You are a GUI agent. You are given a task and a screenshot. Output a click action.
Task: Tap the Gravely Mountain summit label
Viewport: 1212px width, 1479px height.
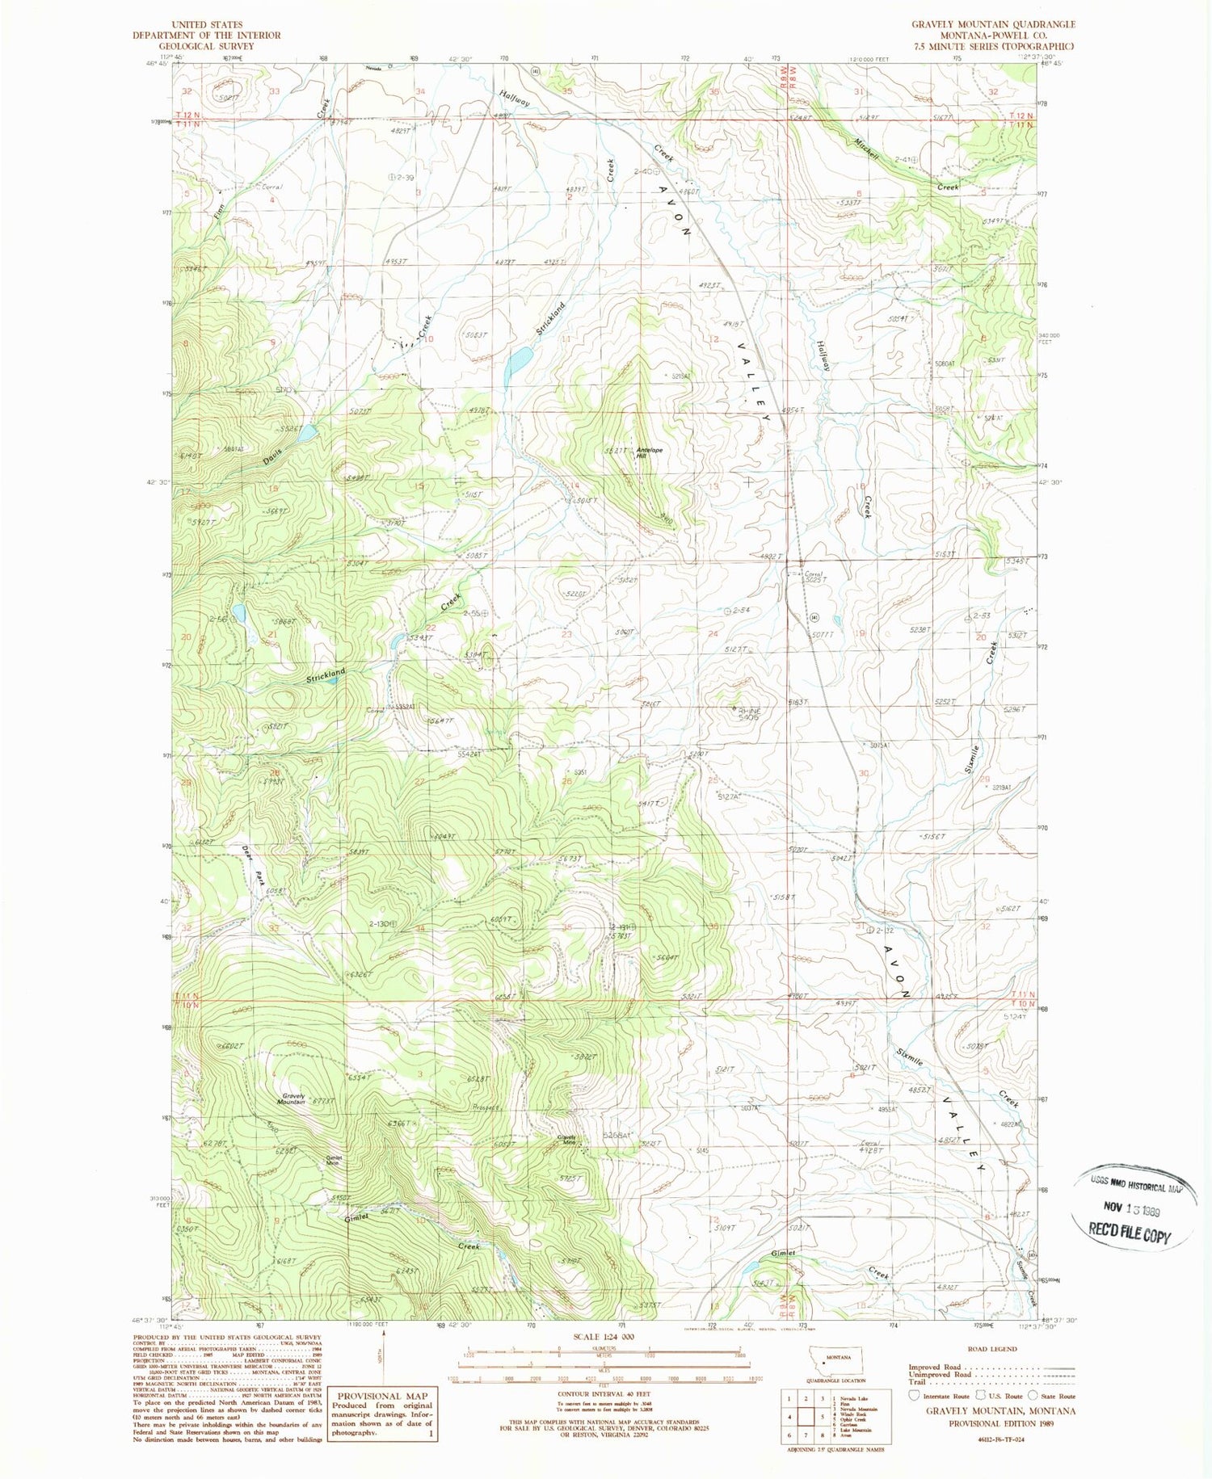pos(293,1099)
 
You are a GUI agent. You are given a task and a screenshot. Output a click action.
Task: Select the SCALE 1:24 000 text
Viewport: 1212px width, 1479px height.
pos(603,1337)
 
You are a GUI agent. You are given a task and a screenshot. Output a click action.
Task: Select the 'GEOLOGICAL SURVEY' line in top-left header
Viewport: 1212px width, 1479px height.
pos(207,46)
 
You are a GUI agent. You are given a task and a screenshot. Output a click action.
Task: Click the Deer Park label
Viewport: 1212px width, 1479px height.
pos(254,867)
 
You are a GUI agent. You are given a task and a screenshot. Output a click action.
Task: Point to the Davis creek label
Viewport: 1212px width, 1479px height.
pos(273,458)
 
